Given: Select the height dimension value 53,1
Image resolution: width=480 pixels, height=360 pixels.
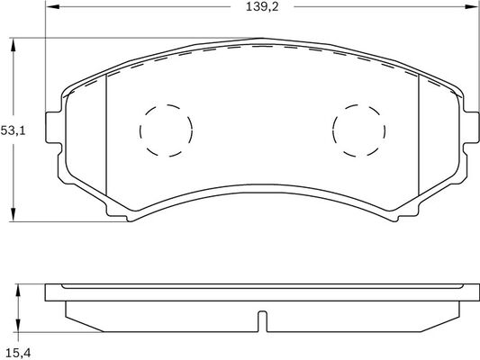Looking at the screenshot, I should (x=12, y=130).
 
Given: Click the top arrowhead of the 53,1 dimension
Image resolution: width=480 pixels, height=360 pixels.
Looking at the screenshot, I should (x=14, y=43).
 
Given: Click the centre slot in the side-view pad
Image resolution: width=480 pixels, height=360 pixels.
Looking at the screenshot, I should (x=262, y=320).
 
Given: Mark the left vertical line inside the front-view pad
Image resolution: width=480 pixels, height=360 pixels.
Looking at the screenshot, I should (x=106, y=136).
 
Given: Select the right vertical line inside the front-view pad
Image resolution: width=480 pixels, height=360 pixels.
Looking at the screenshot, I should (x=420, y=136).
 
